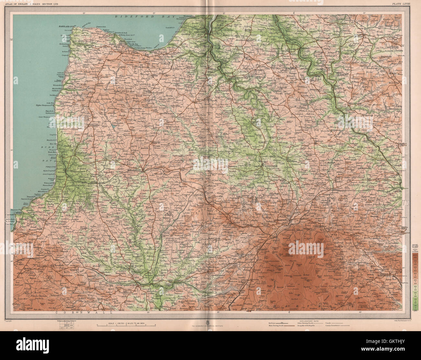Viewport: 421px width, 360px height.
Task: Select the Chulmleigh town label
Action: point(347,105)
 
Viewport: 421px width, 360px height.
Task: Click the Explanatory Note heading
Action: point(304,320)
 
